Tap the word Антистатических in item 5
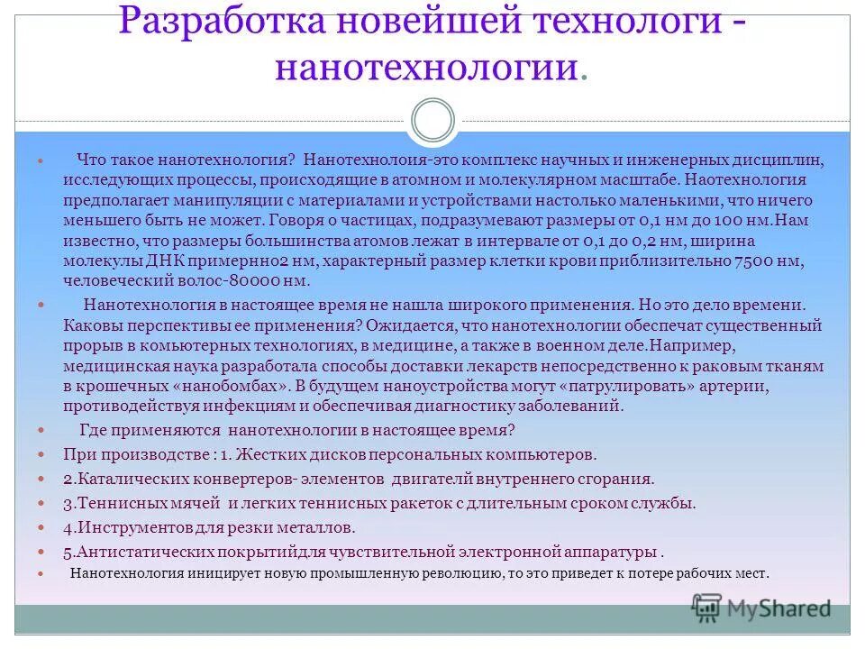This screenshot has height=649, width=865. [x=141, y=551]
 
